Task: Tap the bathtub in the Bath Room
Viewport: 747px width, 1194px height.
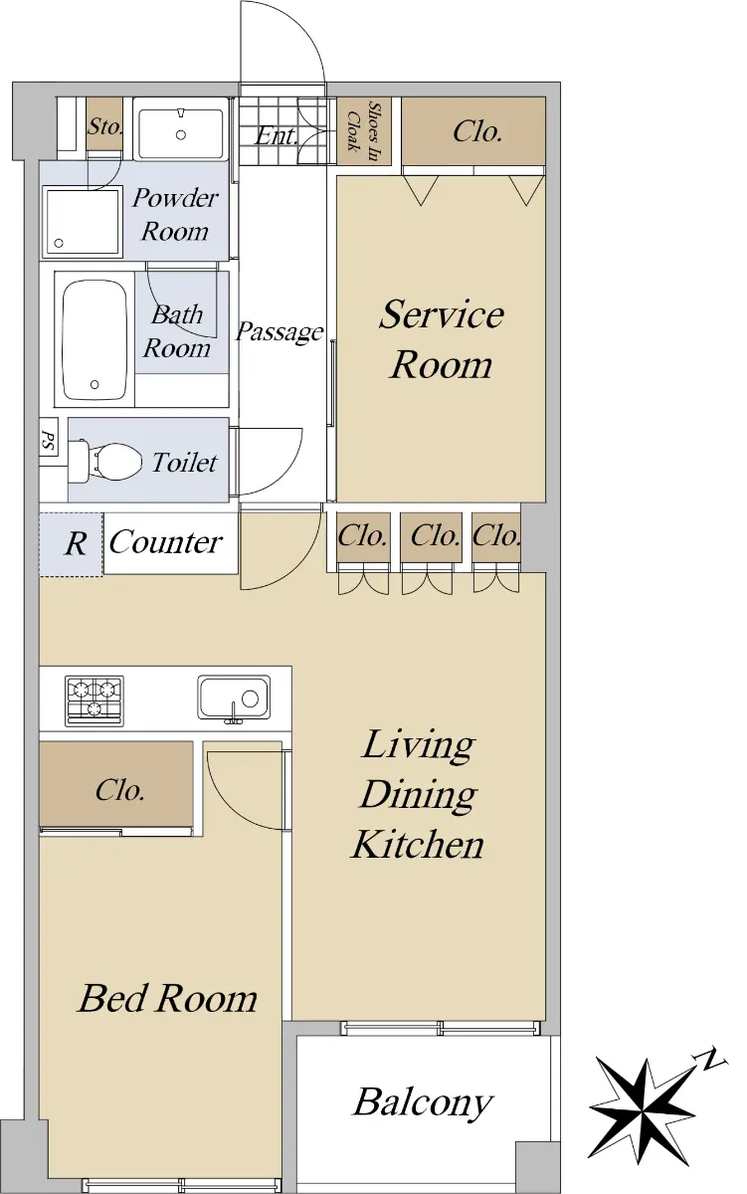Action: tap(94, 339)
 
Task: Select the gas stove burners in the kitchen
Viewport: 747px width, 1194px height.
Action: tap(94, 700)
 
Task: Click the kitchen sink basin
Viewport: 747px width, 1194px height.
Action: tap(234, 697)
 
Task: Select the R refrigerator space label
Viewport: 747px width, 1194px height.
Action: tap(76, 543)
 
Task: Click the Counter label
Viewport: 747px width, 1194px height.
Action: tap(166, 542)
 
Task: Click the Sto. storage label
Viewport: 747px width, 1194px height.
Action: tap(105, 126)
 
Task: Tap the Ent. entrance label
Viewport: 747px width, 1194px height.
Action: tap(276, 135)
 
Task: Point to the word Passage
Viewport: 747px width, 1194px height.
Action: tap(280, 332)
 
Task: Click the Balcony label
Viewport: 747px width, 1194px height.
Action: tap(423, 1103)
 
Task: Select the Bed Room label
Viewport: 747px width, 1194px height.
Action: tap(167, 998)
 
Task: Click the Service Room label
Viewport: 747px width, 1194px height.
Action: tap(442, 339)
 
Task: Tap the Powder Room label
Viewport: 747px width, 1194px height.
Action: tap(175, 214)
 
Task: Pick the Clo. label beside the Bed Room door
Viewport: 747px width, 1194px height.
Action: tap(120, 790)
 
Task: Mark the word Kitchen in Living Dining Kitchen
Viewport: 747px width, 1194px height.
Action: tap(417, 845)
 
